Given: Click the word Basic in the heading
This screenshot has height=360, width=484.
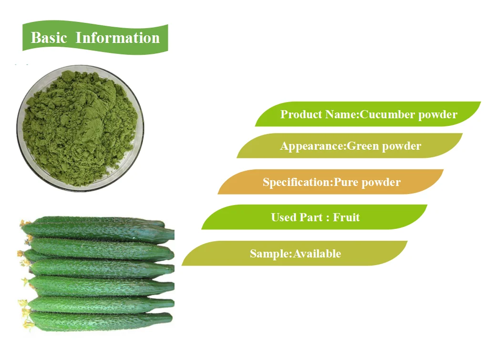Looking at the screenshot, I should click(49, 38).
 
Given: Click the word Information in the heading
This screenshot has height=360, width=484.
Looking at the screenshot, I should click(117, 38).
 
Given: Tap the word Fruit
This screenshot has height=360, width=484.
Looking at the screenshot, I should click(346, 217).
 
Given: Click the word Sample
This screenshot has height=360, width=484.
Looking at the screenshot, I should click(269, 254).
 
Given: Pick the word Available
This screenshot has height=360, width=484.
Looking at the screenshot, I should click(317, 254).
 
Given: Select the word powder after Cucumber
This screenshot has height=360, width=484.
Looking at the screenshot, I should click(435, 114).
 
